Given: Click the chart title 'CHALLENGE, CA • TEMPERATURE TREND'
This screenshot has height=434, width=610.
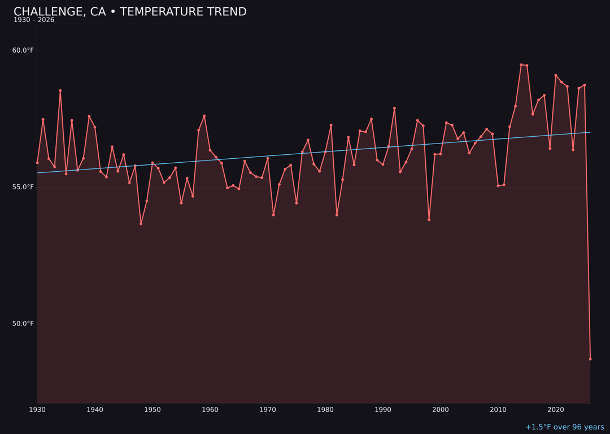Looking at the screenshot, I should (x=130, y=12).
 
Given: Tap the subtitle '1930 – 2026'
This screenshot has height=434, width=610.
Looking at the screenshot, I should (x=34, y=20).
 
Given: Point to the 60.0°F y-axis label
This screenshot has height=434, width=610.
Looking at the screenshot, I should (x=23, y=50).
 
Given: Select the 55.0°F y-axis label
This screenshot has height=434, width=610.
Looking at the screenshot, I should (x=23, y=187).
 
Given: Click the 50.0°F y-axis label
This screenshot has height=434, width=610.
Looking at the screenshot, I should (x=23, y=324).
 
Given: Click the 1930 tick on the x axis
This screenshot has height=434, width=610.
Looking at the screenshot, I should (x=37, y=410).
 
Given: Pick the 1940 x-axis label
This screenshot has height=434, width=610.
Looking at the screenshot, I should (x=95, y=410).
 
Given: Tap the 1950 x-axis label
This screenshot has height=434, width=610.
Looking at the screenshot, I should (x=152, y=410).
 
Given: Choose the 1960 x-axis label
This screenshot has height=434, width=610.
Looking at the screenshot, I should (x=210, y=410).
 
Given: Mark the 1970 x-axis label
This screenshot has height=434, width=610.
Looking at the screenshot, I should (x=268, y=410).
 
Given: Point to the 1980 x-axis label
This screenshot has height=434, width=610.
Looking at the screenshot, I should (x=325, y=410).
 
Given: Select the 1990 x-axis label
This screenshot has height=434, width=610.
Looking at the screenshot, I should (x=383, y=410).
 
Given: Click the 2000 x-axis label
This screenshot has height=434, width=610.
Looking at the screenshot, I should (x=441, y=410).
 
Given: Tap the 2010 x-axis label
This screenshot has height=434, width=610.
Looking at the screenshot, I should (x=498, y=410).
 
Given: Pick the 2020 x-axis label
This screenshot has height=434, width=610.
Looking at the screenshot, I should (x=556, y=410).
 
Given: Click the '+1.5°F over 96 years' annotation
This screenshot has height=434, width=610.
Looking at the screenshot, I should (x=564, y=427).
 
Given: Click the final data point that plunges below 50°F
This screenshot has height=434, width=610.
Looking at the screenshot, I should (x=590, y=359).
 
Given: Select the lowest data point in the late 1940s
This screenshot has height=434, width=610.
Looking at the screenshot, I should (x=141, y=224).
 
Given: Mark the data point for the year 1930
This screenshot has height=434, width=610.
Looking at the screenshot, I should (x=37, y=163).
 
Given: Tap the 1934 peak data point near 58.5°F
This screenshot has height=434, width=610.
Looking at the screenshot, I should (x=60, y=90).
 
